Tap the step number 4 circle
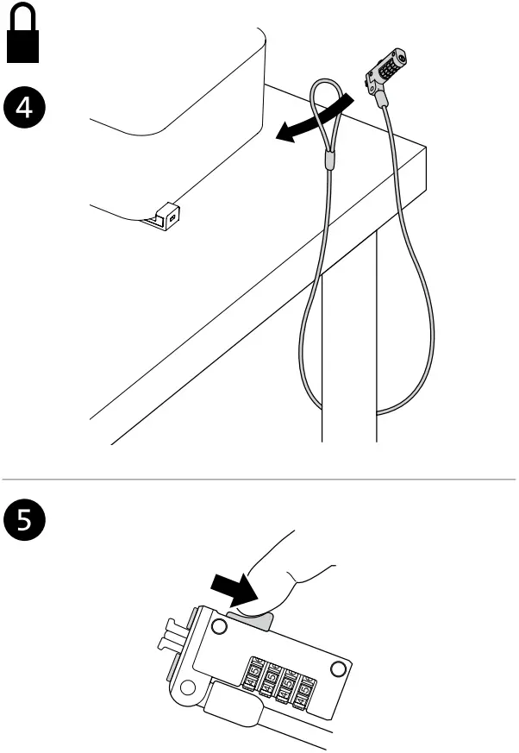tap(25, 108)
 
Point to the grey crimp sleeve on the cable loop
tap(328, 158)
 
